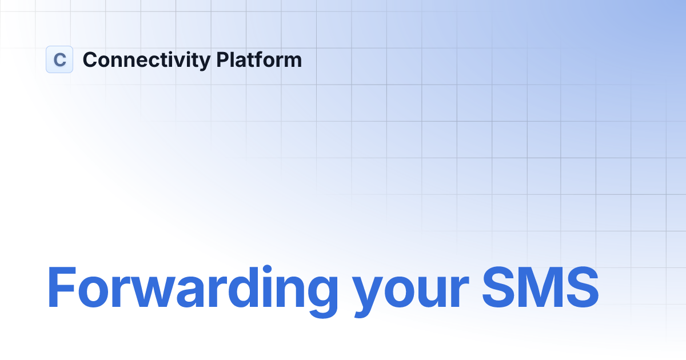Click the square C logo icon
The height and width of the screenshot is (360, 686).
pyautogui.click(x=59, y=59)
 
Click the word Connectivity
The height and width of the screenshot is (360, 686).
pyautogui.click(x=147, y=60)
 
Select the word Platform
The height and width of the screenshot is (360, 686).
pyautogui.click(x=259, y=59)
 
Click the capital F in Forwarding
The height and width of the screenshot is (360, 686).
pyautogui.click(x=62, y=287)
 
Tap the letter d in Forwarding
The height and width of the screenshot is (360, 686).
pyautogui.click(x=234, y=287)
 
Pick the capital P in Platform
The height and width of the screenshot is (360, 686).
pyautogui.click(x=223, y=59)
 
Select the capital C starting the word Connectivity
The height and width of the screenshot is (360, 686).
pyautogui.click(x=90, y=59)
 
